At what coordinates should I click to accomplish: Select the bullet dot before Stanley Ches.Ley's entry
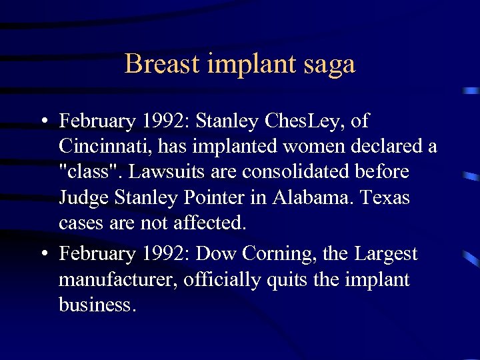point(43,122)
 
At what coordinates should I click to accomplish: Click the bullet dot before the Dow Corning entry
point(43,254)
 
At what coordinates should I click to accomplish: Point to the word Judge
point(83,198)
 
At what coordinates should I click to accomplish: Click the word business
point(97,305)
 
